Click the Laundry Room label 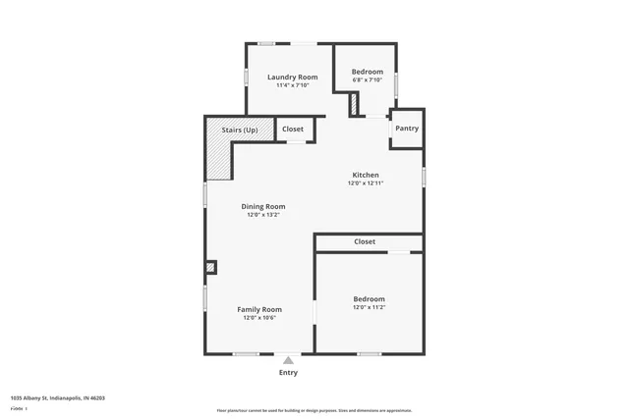click(293, 77)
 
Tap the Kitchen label click(365, 175)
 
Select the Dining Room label click(263, 206)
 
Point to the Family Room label click(259, 309)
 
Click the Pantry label click(407, 129)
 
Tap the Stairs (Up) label click(240, 129)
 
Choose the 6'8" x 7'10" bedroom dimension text click(368, 80)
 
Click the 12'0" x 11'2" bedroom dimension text click(369, 307)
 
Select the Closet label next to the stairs click(293, 129)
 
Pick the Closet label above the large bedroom click(365, 241)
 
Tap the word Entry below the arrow click(288, 373)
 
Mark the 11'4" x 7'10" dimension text click(293, 85)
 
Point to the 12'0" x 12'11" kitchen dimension click(365, 183)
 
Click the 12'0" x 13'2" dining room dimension click(263, 215)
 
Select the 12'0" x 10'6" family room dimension click(259, 318)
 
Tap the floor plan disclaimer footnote click(314, 410)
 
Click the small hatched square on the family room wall click(210, 267)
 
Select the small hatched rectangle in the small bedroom click(355, 104)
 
